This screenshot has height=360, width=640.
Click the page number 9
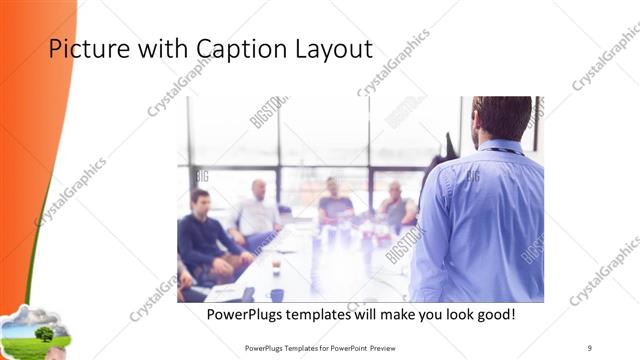[590, 347]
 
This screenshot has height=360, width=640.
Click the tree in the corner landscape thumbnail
[43, 332]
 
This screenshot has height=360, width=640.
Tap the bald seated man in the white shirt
[256, 209]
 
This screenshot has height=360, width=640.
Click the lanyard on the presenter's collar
[506, 151]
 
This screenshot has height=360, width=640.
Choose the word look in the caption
[446, 314]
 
